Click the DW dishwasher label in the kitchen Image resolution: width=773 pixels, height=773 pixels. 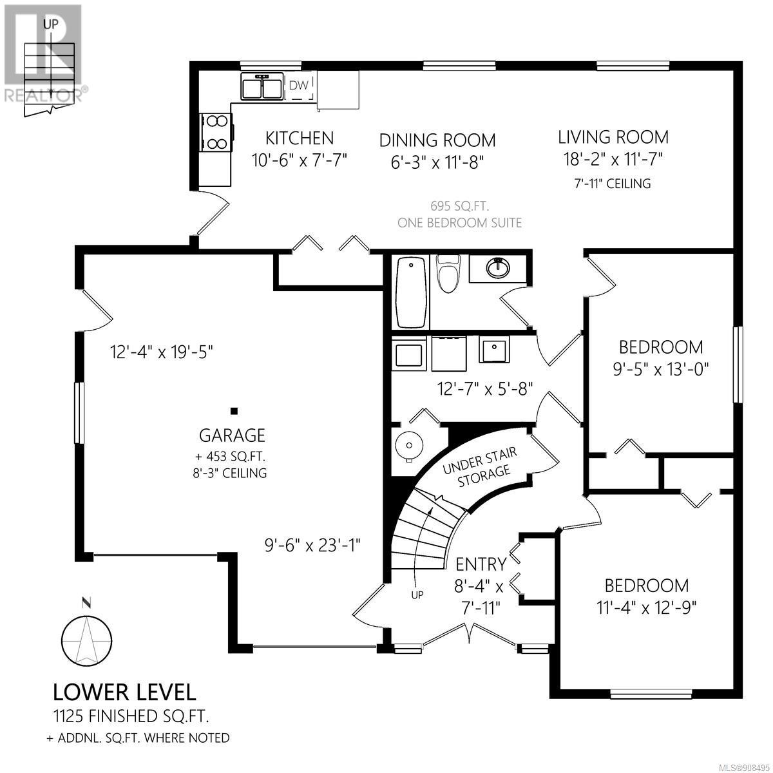point(299,85)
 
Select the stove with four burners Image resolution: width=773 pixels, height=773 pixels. point(216,132)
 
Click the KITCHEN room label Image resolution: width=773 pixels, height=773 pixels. point(300,138)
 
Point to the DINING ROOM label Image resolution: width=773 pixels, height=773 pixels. point(437,140)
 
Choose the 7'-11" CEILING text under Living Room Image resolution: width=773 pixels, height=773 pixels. point(612,184)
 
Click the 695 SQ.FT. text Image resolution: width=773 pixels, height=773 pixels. point(460,206)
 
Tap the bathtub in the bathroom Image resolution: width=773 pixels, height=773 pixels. point(411,293)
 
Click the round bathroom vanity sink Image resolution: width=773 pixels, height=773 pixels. point(498,267)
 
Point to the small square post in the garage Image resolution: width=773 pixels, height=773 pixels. point(234,411)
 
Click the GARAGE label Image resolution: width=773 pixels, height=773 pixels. point(233,435)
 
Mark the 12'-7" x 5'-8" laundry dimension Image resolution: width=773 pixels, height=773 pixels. point(485,388)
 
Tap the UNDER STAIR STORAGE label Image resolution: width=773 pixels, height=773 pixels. point(480,467)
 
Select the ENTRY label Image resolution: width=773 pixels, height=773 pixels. point(481,564)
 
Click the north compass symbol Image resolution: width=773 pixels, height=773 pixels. point(87,642)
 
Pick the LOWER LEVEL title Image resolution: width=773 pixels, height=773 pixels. point(124,692)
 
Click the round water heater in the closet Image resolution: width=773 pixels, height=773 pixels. point(409,445)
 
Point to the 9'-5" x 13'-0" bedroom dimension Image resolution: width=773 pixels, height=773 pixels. point(661,369)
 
